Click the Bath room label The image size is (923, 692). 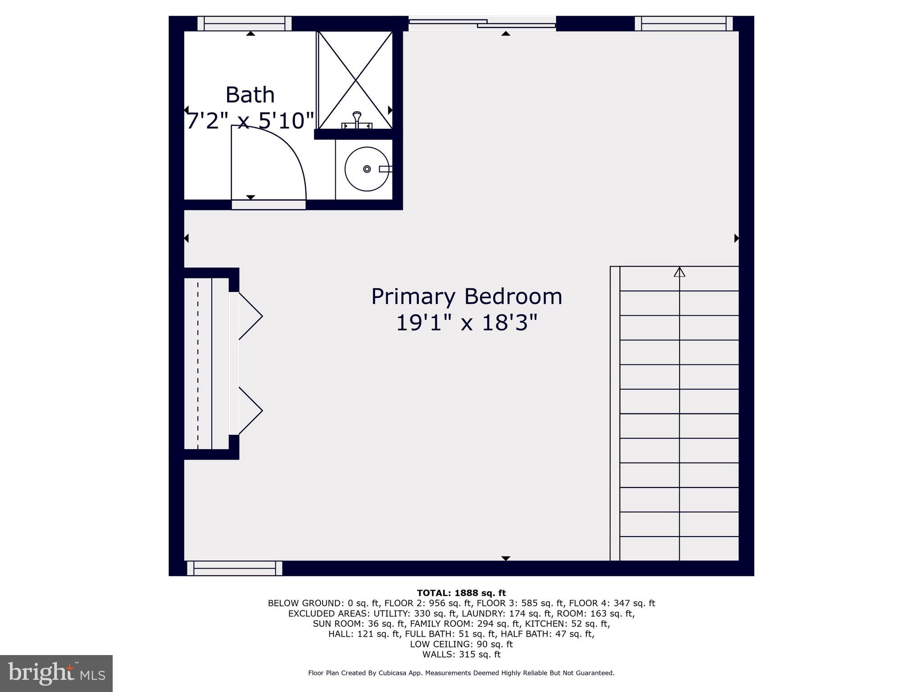point(250,95)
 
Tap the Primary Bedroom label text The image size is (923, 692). point(466,297)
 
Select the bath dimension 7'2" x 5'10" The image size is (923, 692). point(250,121)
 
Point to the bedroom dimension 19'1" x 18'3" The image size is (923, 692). point(466,323)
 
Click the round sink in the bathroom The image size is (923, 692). point(366,169)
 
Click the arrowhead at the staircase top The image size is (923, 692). point(679,272)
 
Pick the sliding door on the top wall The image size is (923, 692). point(482,23)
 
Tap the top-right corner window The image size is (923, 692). point(683,23)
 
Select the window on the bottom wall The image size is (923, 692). point(234,568)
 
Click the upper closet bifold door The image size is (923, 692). point(250,316)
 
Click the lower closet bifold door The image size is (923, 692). point(250,410)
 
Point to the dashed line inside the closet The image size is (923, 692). point(197,363)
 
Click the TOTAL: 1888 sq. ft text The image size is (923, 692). point(461,593)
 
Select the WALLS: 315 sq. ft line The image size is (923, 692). point(461,654)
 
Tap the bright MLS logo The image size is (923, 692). point(56,673)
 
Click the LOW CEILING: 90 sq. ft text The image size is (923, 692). point(461,644)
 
